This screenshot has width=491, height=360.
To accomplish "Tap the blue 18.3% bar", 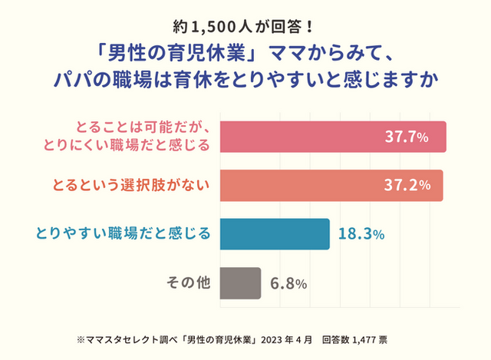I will click(274, 234).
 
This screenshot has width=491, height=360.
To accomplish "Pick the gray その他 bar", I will click(240, 282).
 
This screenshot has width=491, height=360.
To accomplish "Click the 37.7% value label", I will click(407, 138).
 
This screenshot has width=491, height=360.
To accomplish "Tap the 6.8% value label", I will click(289, 283).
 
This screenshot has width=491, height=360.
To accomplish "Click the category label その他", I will click(189, 282).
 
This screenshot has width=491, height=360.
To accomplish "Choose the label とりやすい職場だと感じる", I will click(124, 234).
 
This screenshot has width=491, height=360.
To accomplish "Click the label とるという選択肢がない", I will click(131, 185).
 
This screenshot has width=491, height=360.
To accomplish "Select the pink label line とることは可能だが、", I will click(146, 127).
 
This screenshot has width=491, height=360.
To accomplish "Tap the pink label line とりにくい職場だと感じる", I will click(139, 146).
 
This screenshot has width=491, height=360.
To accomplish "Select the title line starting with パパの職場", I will click(245, 81).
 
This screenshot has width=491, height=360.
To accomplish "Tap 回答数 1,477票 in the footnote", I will click(360, 339).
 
